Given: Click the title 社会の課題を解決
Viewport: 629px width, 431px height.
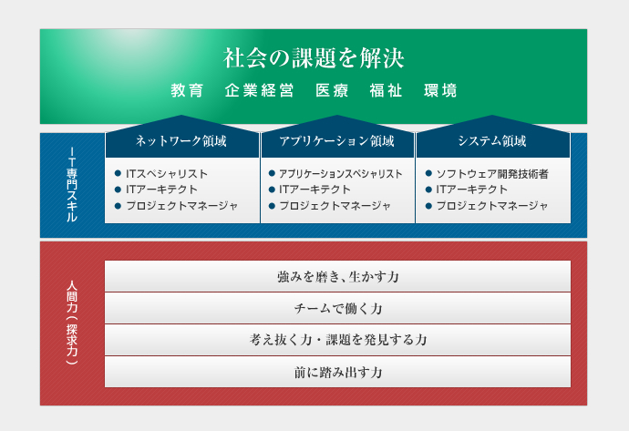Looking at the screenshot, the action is pyautogui.click(x=314, y=57).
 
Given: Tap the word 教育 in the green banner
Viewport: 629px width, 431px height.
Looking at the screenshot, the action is pyautogui.click(x=188, y=90).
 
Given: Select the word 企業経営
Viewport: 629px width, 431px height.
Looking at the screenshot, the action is pyautogui.click(x=259, y=90).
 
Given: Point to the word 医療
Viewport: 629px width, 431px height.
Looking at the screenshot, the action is pyautogui.click(x=332, y=90).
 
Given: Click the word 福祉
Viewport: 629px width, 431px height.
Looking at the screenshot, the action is pyautogui.click(x=386, y=90).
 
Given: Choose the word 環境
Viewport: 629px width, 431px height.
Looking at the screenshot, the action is pyautogui.click(x=440, y=90).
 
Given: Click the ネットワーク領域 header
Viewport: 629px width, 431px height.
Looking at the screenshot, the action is pyautogui.click(x=181, y=140).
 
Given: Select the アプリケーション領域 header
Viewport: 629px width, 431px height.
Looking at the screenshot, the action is pyautogui.click(x=337, y=140).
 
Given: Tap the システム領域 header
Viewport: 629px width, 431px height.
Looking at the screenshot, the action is pyautogui.click(x=492, y=140).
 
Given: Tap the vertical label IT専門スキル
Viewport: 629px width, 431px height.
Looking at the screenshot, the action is pyautogui.click(x=72, y=184).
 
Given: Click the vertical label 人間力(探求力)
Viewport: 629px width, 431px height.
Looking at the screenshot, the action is pyautogui.click(x=72, y=323).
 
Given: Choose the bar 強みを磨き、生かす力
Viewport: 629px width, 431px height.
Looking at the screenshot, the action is pyautogui.click(x=338, y=276).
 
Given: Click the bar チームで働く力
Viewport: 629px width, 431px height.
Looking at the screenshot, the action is pyautogui.click(x=338, y=308).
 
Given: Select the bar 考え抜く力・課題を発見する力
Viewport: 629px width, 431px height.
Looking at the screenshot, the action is pyautogui.click(x=338, y=340).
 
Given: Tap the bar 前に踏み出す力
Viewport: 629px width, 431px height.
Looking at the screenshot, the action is pyautogui.click(x=338, y=372).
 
